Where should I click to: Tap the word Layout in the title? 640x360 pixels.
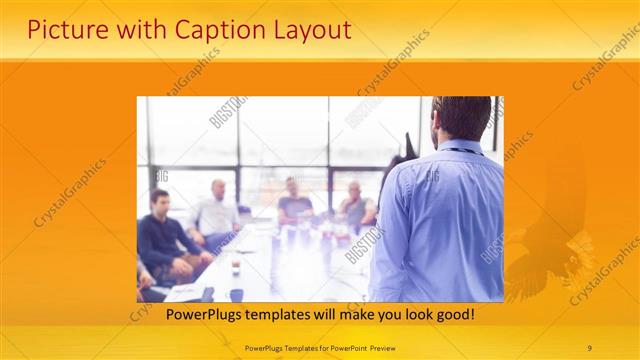(305, 30)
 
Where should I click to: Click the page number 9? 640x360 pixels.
(590, 347)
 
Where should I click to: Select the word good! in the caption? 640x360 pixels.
(453, 315)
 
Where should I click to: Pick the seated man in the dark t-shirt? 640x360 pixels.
(295, 200)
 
